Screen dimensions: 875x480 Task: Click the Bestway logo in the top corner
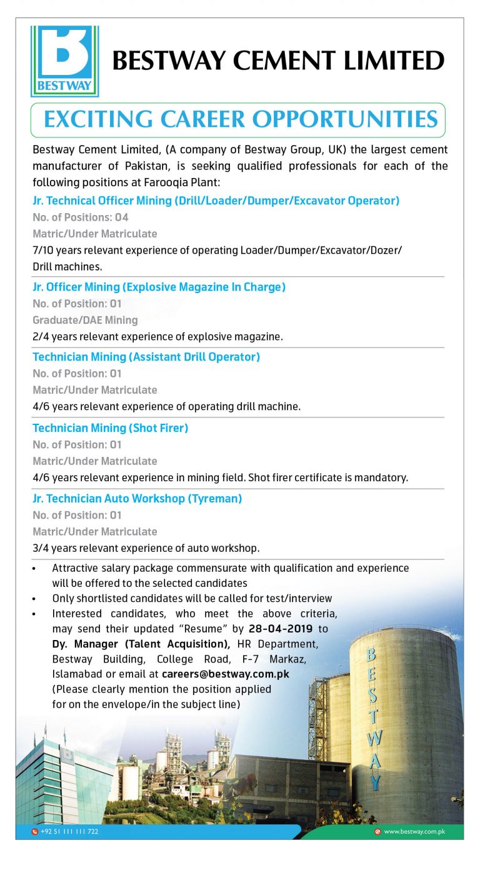(x=64, y=61)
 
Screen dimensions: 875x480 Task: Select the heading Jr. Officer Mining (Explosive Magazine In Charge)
(x=159, y=287)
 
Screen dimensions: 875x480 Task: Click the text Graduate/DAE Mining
(x=85, y=320)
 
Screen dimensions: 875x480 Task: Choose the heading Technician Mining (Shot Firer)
(x=110, y=428)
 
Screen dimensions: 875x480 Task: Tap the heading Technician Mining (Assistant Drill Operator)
(x=146, y=357)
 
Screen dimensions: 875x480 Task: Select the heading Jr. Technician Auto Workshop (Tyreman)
(x=137, y=499)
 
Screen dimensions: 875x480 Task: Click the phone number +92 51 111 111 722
(x=69, y=832)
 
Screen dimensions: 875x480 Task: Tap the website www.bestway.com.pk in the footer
(x=414, y=832)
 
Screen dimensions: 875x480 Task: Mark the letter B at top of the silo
(x=371, y=654)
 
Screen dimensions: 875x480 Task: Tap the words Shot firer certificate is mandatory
(x=328, y=477)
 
